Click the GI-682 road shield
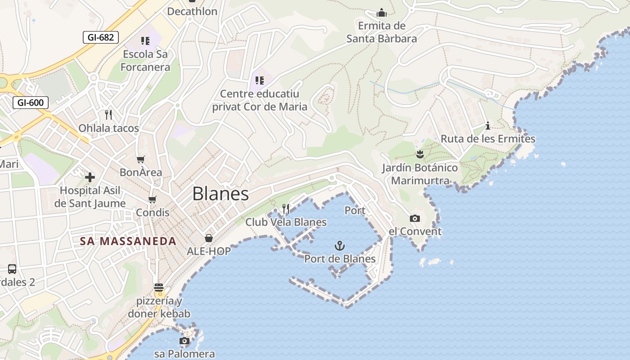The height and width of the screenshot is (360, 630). click(101, 37)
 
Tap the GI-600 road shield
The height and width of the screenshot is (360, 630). click(31, 103)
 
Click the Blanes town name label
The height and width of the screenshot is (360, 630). click(220, 193)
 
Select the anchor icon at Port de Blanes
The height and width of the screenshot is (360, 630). click(340, 246)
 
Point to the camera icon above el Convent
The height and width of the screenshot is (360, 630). click(415, 219)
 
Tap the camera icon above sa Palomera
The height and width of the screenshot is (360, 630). click(184, 341)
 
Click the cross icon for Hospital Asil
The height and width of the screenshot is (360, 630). click(90, 177)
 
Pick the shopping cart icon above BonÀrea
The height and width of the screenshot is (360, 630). click(141, 159)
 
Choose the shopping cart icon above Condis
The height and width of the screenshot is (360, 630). click(153, 199)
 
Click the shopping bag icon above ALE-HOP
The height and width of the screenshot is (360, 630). click(209, 238)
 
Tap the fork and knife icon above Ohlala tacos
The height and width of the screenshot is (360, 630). click(108, 115)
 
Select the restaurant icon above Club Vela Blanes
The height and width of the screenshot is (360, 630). click(286, 209)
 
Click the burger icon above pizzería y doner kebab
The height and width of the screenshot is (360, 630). click(158, 288)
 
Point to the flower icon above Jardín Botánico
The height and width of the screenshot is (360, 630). click(420, 155)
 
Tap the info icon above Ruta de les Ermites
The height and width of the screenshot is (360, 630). click(487, 126)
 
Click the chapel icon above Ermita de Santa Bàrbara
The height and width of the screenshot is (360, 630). click(382, 13)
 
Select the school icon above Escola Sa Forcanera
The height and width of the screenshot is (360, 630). click(145, 41)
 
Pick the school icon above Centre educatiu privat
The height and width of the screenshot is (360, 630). click(260, 81)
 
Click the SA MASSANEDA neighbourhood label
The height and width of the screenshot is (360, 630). click(128, 241)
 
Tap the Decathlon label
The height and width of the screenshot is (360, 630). click(192, 11)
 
